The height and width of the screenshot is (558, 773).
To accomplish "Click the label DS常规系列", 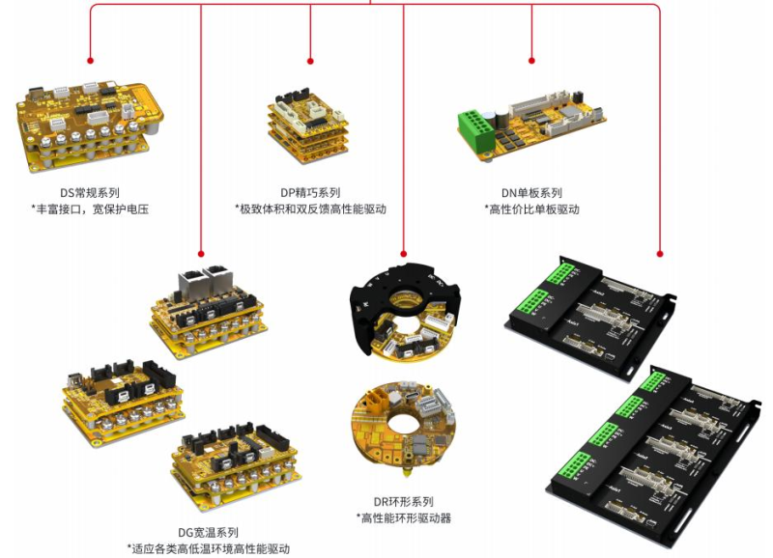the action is coord(90,192).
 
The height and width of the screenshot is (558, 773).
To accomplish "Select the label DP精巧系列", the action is coord(310,192).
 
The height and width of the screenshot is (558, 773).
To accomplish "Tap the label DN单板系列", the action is coord(531,192).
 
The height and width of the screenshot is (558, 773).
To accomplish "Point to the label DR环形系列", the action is coord(403,501).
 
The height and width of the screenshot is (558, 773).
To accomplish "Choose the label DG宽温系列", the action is coord(208,532).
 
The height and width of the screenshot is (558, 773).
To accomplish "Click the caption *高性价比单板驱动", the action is coord(531,209).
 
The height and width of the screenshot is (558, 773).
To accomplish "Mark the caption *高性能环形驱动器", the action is coord(403,518).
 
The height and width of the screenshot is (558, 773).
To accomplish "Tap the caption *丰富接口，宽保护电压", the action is coord(90,209).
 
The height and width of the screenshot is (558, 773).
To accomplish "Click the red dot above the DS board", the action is coord(90,61).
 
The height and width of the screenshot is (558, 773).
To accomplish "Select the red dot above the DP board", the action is coord(310,61).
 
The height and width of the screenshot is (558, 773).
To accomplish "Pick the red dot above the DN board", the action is coord(531,61).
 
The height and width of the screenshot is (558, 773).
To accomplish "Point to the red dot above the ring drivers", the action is coord(403,254).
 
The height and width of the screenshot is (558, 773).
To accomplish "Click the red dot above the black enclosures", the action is coord(660,254).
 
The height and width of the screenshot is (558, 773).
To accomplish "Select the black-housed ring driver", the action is coord(405,310).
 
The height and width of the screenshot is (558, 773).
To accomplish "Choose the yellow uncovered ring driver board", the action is coord(403,427).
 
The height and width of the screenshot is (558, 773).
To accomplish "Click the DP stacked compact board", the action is coord(308,126).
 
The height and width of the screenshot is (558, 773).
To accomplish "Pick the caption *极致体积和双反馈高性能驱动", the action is coord(310,209).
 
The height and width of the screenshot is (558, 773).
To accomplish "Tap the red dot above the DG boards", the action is coord(201,254).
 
